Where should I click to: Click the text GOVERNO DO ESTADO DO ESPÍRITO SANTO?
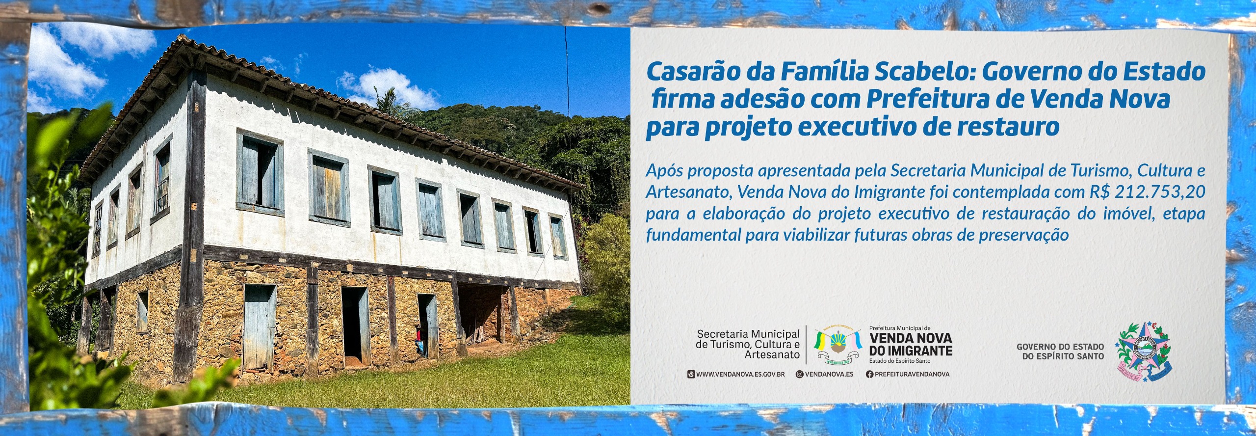pyautogui.click(x=1060, y=352)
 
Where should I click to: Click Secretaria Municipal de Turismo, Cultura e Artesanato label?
pyautogui.click(x=748, y=344)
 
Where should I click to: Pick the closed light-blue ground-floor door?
pyautogui.click(x=259, y=327)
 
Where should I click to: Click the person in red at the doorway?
pyautogui.click(x=419, y=339)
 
